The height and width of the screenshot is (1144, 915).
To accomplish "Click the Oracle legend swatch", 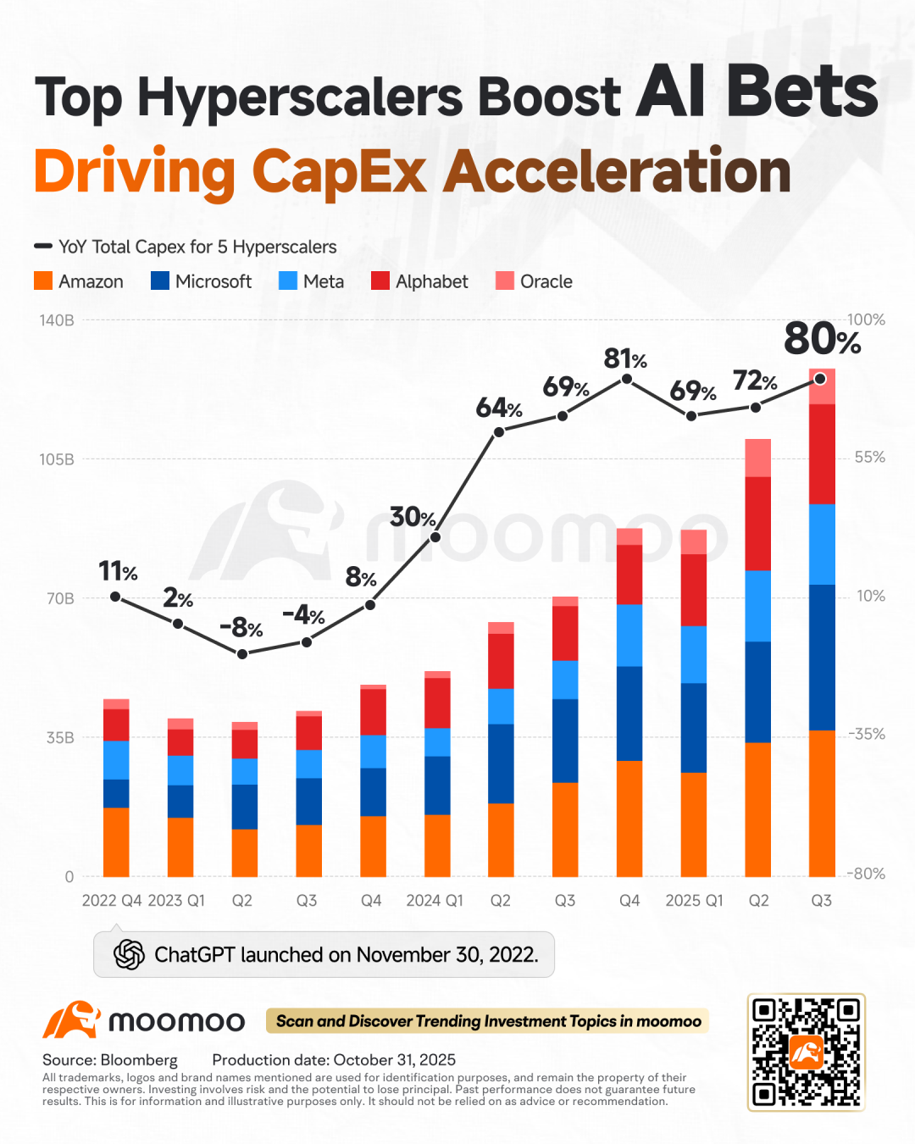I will click(x=505, y=281).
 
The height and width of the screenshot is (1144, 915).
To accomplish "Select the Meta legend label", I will click(x=324, y=281).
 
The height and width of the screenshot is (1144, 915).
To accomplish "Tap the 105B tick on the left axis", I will click(x=57, y=459).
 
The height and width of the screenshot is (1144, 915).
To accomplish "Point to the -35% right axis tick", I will click(x=867, y=735).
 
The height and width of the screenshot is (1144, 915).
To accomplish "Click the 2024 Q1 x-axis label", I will click(x=435, y=901).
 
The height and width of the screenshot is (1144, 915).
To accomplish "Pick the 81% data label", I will click(x=624, y=359).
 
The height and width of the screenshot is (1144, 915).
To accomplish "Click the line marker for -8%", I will click(x=242, y=653).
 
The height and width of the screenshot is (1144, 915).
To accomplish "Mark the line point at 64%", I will click(x=499, y=431).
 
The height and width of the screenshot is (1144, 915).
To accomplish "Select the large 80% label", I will click(x=821, y=339).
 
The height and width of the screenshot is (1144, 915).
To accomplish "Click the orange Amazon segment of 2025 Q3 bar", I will click(x=822, y=803).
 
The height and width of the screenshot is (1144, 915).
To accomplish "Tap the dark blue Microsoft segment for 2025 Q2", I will click(x=757, y=691).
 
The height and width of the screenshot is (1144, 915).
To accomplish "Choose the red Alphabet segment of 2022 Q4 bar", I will click(x=116, y=725).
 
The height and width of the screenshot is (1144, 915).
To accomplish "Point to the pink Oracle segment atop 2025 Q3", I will click(x=822, y=387).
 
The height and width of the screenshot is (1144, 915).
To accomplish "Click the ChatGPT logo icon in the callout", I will click(x=129, y=955).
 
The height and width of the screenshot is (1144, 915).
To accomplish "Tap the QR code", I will click(x=806, y=1052).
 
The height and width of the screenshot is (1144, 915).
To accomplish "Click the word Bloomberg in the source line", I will click(x=139, y=1060).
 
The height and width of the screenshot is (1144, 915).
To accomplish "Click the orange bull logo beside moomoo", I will click(x=71, y=1020).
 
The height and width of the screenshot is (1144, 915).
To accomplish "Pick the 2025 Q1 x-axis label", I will click(x=694, y=901).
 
